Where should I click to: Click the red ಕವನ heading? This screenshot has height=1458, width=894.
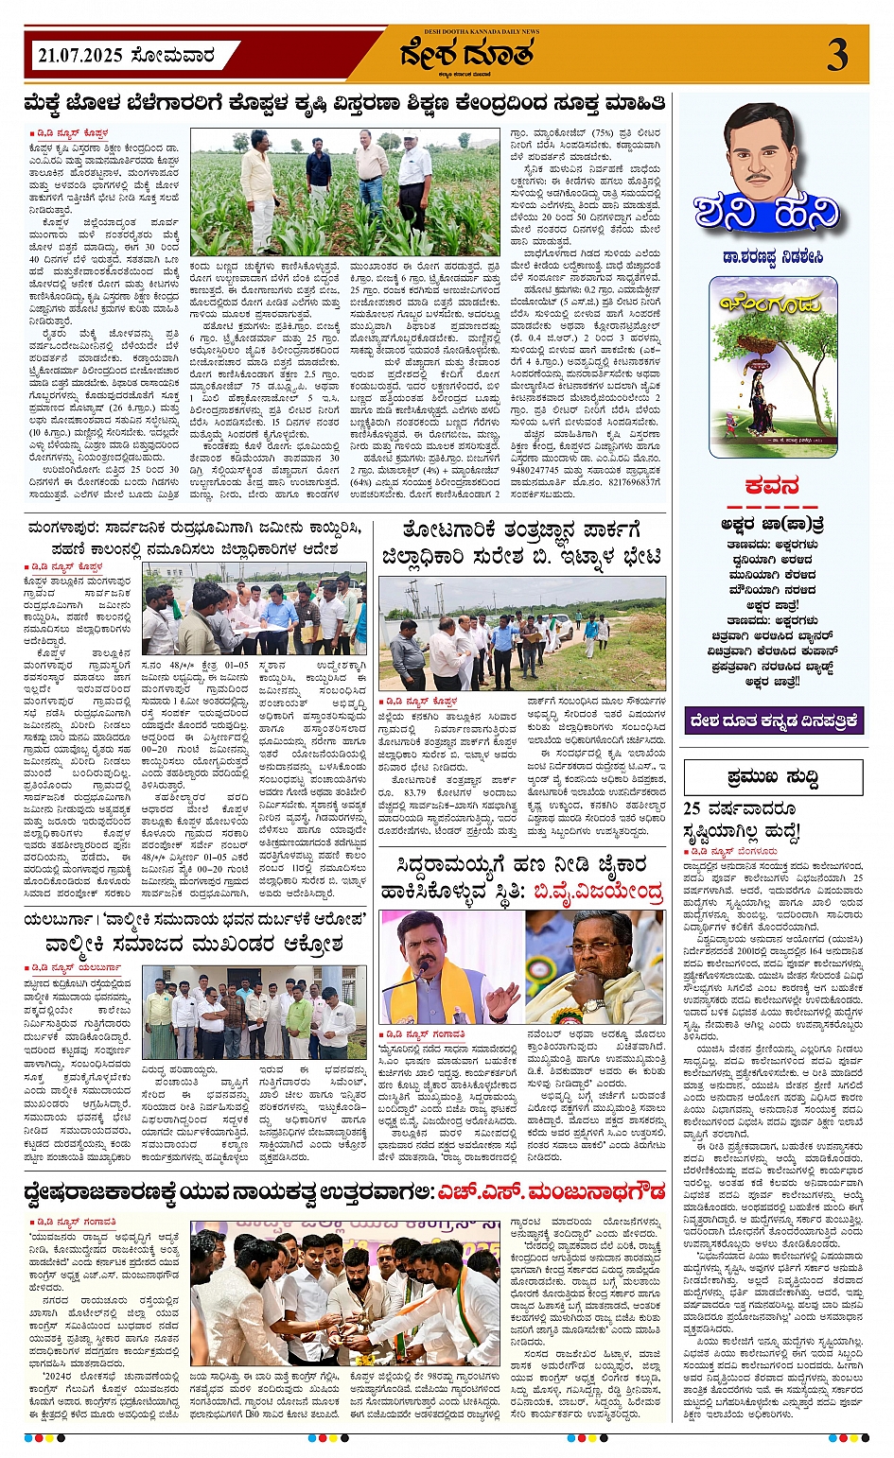pyautogui.click(x=772, y=487)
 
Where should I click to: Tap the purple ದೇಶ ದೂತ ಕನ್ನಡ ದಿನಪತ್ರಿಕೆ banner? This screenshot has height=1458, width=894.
pyautogui.click(x=773, y=720)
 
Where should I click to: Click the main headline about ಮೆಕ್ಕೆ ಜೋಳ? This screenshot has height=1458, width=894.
pyautogui.click(x=344, y=102)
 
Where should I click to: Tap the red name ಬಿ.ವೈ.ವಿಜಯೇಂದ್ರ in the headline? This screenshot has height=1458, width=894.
pyautogui.click(x=597, y=891)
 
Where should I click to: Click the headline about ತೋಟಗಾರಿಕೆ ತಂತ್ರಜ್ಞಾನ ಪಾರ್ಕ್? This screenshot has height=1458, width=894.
pyautogui.click(x=521, y=543)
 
